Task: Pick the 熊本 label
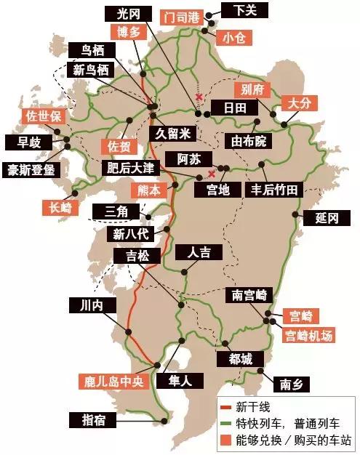(x=150, y=190)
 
